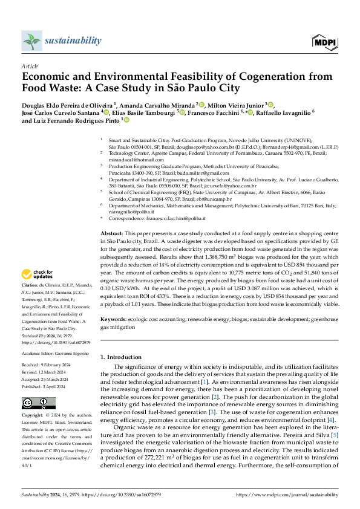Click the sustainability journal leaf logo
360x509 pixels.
point(31,41)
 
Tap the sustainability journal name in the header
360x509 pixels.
point(73,41)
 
